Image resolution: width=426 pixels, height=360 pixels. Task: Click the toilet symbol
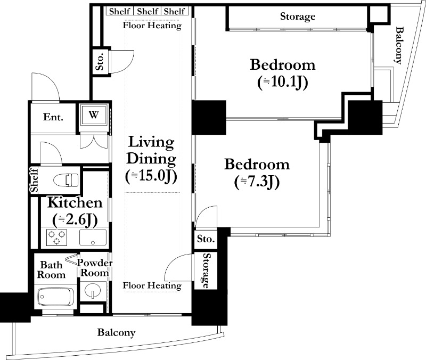tap(66, 180)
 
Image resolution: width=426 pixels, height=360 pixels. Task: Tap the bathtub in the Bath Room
tap(55, 297)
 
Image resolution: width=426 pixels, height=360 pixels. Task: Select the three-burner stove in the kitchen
tap(57, 238)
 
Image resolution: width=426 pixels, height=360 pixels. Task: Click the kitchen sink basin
tap(93, 238)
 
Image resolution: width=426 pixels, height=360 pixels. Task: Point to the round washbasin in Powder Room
tap(92, 291)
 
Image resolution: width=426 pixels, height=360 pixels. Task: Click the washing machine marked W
tap(94, 114)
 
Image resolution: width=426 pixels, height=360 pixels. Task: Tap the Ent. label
tap(53, 117)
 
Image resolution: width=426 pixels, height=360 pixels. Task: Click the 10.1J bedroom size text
tap(283, 82)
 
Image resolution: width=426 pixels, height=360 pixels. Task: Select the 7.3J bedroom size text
tap(257, 182)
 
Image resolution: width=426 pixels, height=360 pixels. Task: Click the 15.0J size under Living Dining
tap(151, 176)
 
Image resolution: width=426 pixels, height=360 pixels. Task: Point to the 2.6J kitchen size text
tap(75, 220)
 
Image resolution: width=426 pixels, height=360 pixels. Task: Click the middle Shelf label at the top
tap(148, 11)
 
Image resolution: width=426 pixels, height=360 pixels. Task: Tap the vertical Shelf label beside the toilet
tap(34, 180)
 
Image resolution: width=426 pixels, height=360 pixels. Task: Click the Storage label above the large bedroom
tap(298, 17)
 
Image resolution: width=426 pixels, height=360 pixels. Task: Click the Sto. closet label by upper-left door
tap(100, 61)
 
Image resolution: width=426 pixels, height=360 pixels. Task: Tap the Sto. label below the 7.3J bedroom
tap(206, 239)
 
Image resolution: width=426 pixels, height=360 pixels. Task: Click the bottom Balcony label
tap(116, 332)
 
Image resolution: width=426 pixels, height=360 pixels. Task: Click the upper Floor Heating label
tap(152, 26)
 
